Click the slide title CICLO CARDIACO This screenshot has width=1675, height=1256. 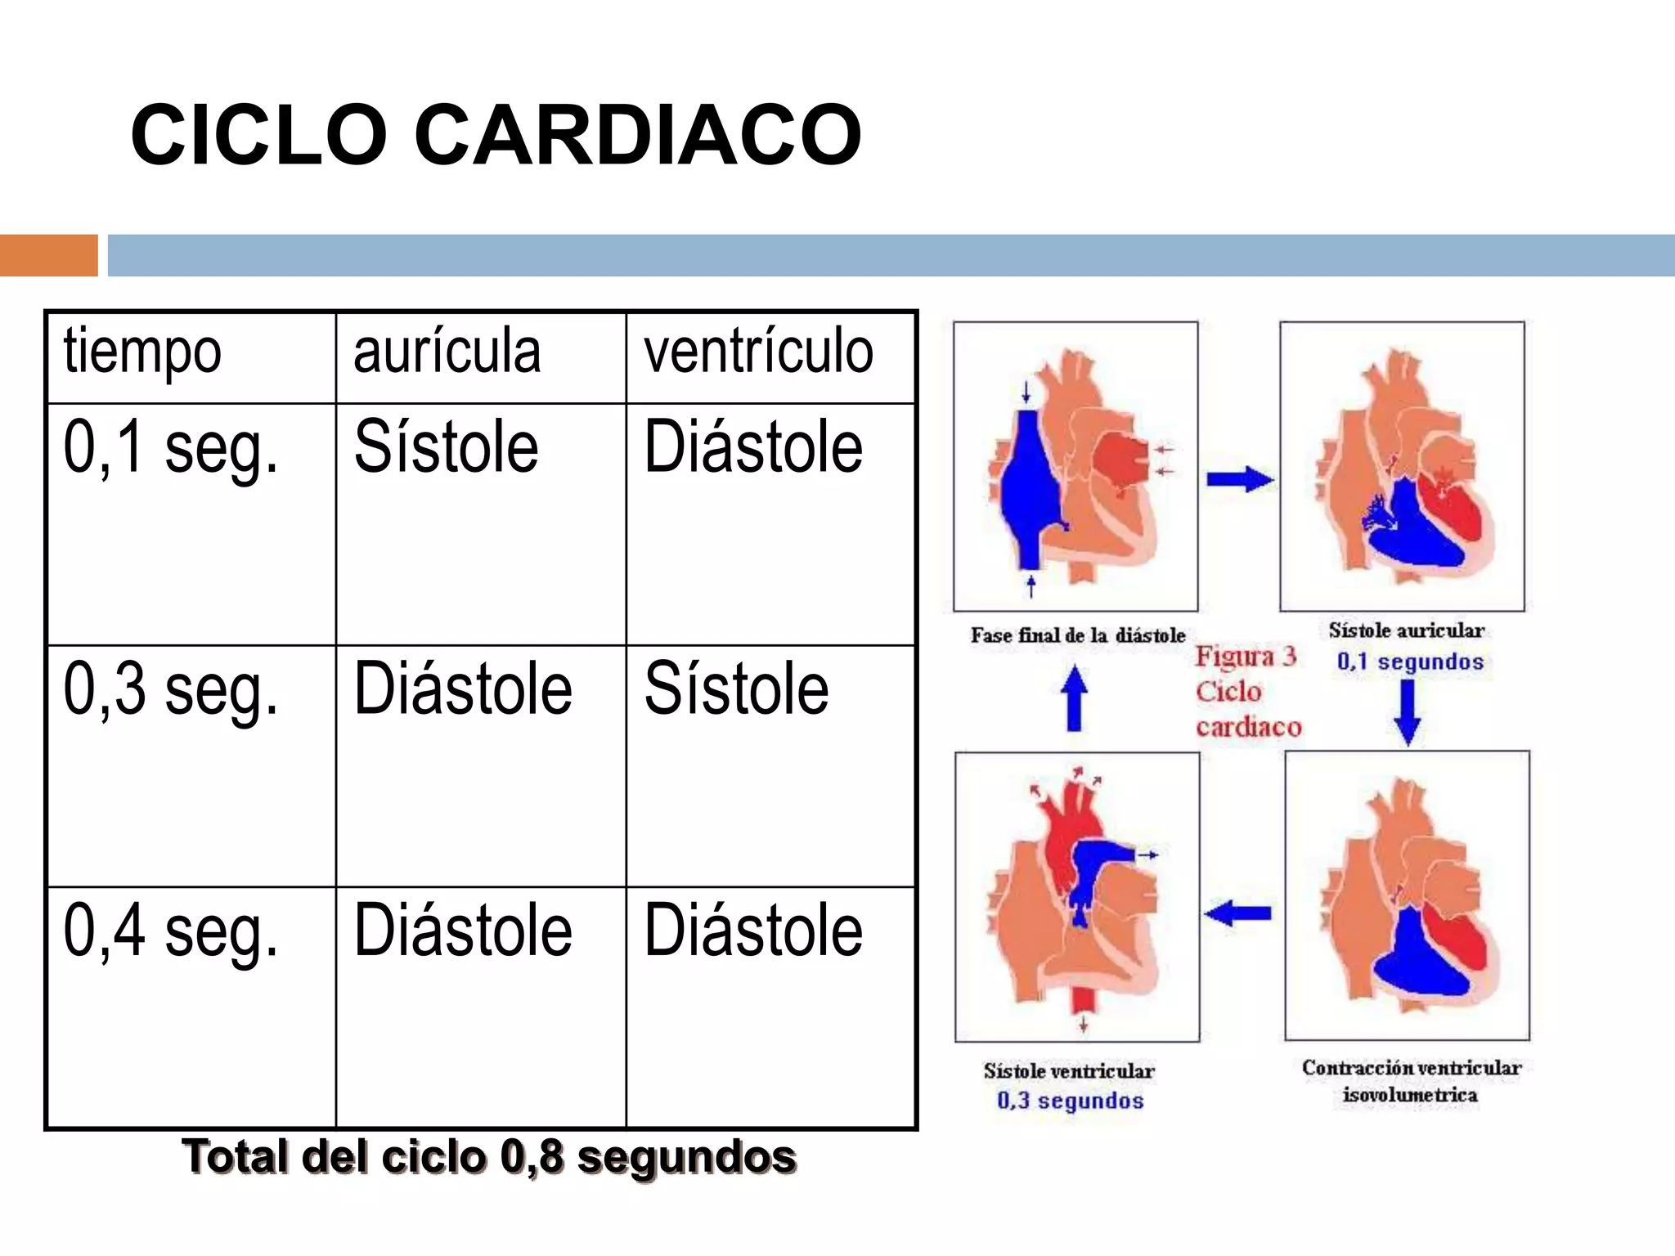(496, 135)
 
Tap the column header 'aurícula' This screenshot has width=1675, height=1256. (447, 351)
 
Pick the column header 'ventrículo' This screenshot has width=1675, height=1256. (758, 351)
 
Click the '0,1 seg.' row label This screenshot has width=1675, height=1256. (171, 447)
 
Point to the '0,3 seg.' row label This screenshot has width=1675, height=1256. (171, 689)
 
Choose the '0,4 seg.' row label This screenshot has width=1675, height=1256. (171, 931)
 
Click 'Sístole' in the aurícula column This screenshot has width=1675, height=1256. (446, 446)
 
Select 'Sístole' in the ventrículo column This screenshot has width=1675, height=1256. (736, 689)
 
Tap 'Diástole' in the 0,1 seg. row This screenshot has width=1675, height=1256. (753, 446)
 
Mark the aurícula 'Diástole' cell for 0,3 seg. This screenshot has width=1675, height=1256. (463, 689)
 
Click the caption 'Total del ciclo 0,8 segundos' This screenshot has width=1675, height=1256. (489, 1157)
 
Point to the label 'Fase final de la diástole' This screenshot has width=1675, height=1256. (1078, 635)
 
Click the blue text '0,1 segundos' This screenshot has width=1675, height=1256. (1410, 662)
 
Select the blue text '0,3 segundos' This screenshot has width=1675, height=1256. (1070, 1101)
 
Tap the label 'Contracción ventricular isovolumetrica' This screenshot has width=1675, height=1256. (1411, 1080)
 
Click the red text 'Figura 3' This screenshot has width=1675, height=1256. (1246, 657)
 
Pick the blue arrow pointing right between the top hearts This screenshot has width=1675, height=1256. (1240, 478)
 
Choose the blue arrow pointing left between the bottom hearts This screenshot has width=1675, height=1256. (1238, 913)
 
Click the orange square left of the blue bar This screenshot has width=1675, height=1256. (48, 255)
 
